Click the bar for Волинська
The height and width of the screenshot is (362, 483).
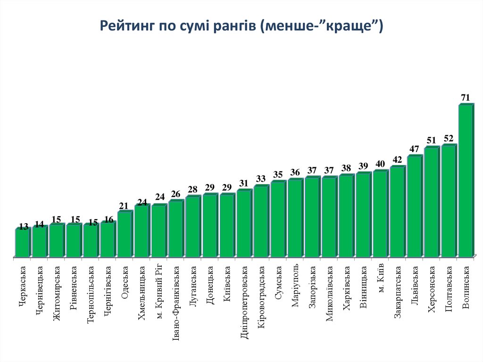click(x=465, y=181)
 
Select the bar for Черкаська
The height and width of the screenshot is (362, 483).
click(x=22, y=243)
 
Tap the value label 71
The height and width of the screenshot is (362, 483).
click(x=466, y=98)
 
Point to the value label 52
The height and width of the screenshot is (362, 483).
click(x=449, y=138)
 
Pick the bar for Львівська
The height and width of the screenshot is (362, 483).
click(x=414, y=206)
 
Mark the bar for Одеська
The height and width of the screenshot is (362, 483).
click(x=125, y=235)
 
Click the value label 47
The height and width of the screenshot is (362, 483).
click(x=414, y=149)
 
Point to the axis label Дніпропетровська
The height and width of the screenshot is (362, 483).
click(x=244, y=302)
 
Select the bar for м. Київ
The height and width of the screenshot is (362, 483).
click(x=380, y=214)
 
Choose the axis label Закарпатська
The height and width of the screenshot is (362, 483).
click(x=398, y=292)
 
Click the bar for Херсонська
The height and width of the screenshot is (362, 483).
click(x=431, y=202)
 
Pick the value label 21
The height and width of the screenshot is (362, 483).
click(x=124, y=206)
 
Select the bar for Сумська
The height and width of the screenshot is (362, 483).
click(x=278, y=219)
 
